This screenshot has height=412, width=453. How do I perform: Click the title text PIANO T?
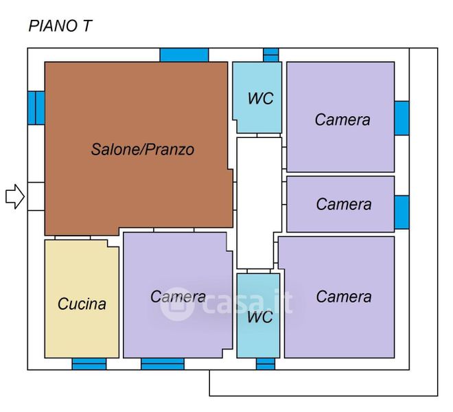[60, 26]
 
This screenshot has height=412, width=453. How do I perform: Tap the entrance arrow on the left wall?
[14, 197]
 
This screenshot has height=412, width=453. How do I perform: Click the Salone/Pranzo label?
[143, 149]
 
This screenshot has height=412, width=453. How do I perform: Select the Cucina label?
[82, 304]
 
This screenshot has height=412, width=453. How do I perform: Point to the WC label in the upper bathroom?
[260, 98]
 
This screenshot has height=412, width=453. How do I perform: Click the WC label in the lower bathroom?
[259, 317]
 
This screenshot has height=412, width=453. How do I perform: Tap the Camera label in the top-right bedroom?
[342, 119]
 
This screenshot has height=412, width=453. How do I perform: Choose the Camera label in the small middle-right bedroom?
[344, 204]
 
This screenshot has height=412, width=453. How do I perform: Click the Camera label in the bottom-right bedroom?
[344, 297]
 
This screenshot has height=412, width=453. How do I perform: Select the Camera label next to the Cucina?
[178, 297]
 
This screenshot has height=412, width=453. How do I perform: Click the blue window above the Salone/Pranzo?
[184, 55]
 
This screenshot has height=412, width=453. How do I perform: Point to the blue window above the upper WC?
[271, 55]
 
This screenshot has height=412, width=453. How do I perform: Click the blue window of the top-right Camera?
[402, 118]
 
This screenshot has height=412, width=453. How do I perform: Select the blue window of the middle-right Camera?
[402, 211]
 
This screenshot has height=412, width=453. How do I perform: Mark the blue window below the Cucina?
[89, 364]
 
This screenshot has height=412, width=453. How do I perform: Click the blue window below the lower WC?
[266, 364]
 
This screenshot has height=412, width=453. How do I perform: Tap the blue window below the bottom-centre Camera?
[163, 364]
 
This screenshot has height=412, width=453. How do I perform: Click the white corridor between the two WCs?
[259, 203]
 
